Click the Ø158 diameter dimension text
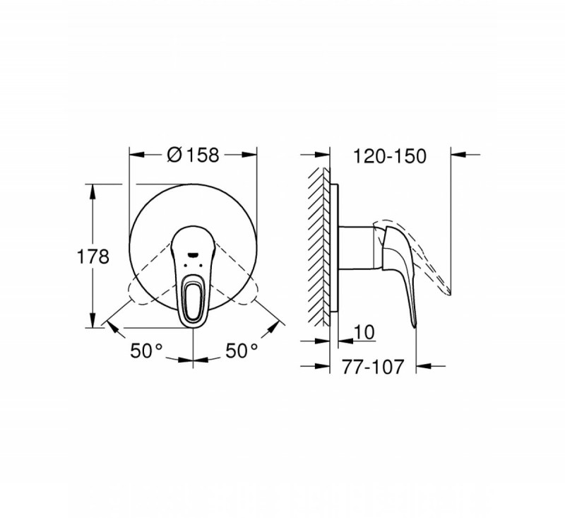(192, 154)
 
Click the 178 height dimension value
(92, 256)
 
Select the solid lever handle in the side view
(399, 269)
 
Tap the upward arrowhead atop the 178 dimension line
(92, 189)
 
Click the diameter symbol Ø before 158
(175, 154)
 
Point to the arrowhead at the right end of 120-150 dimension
(456, 153)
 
